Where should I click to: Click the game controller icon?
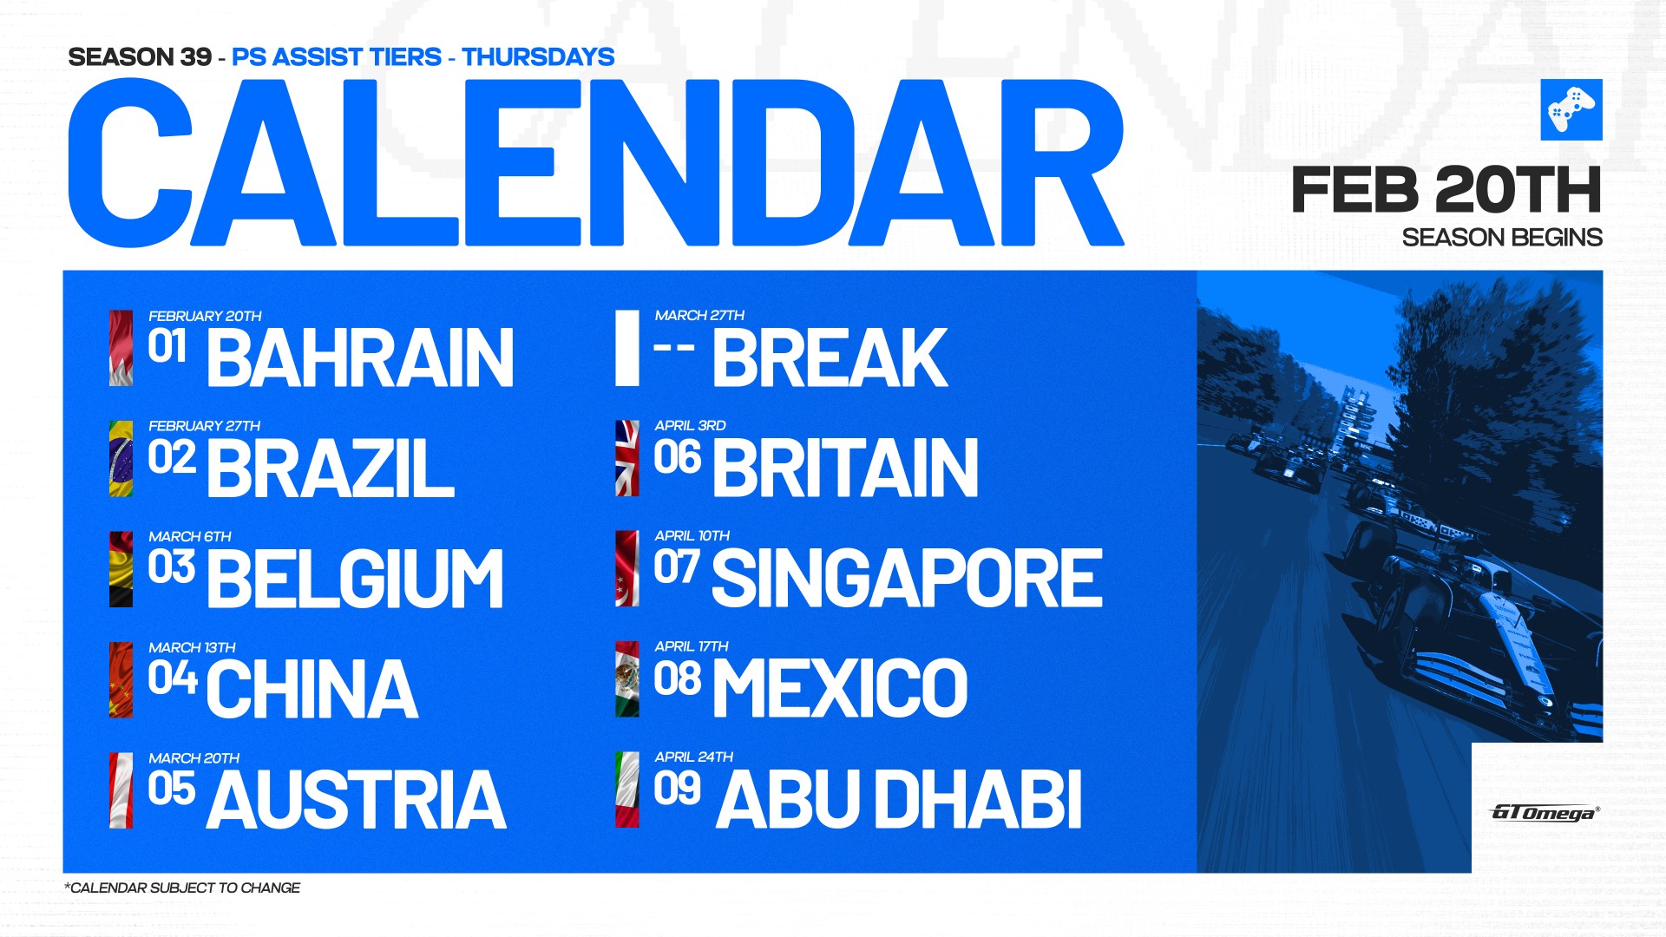[x=1571, y=109]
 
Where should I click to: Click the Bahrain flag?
[x=121, y=348]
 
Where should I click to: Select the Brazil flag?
[x=121, y=458]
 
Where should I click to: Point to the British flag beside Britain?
[x=627, y=458]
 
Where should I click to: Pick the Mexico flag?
[x=627, y=679]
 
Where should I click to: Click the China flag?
[x=121, y=680]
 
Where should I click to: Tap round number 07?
[x=677, y=567]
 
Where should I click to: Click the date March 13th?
[x=192, y=647]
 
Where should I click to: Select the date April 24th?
[x=693, y=757]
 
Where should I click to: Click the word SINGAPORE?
[x=907, y=578]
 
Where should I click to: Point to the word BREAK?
[x=830, y=357]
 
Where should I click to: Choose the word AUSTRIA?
[x=356, y=799]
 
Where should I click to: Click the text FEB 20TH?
[x=1446, y=190]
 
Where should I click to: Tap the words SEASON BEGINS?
[x=1502, y=237]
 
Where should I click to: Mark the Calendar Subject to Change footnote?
[x=182, y=888]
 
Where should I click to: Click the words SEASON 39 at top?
[x=140, y=56]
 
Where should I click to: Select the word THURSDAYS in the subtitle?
[x=538, y=56]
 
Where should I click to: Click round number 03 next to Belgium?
[x=172, y=567]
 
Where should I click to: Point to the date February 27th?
[x=204, y=426]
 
